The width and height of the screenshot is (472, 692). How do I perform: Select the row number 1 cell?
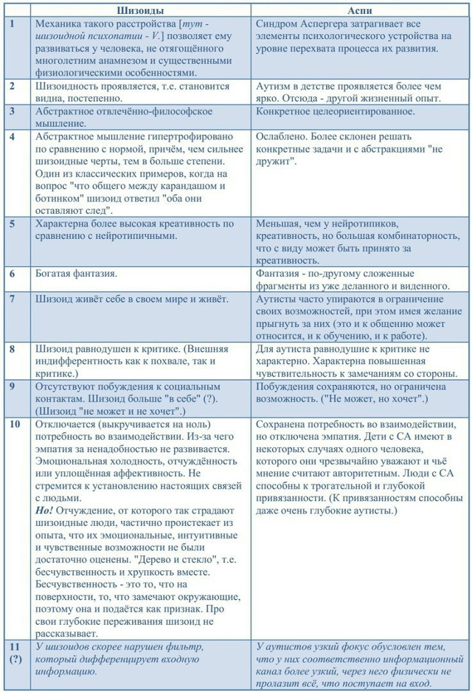tap(12, 24)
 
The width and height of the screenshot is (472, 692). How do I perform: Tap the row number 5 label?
tap(12, 224)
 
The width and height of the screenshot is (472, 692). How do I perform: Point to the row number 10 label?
tap(14, 424)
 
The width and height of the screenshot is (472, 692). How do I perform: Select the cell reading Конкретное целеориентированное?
tap(335, 111)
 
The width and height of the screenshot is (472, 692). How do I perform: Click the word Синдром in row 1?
tap(277, 24)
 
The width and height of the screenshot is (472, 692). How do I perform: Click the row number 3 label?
tap(12, 111)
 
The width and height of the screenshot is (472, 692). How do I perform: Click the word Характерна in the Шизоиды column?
tap(66, 224)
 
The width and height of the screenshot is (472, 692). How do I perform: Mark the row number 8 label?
tap(12, 349)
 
